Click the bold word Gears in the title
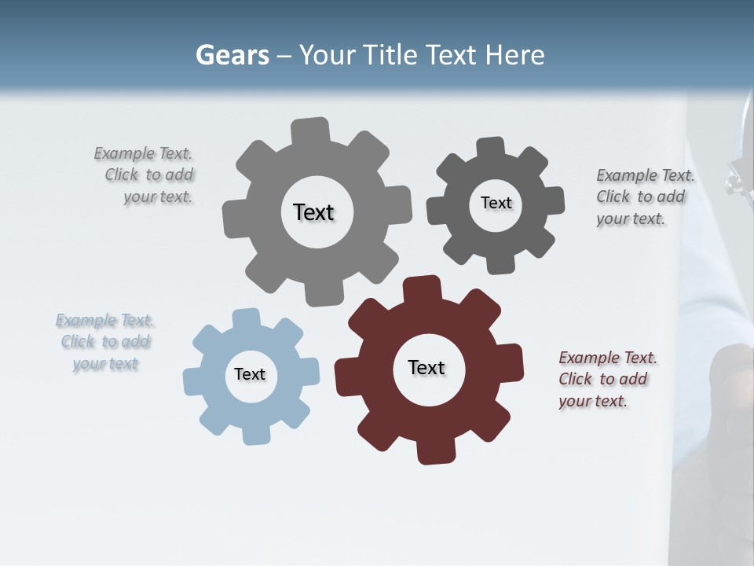point(232,55)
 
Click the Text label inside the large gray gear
point(313,212)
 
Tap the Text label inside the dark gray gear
point(496,203)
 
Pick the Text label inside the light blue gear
point(250,374)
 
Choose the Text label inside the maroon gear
point(426,367)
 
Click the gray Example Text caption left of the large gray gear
point(145,175)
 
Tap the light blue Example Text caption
point(105,342)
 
